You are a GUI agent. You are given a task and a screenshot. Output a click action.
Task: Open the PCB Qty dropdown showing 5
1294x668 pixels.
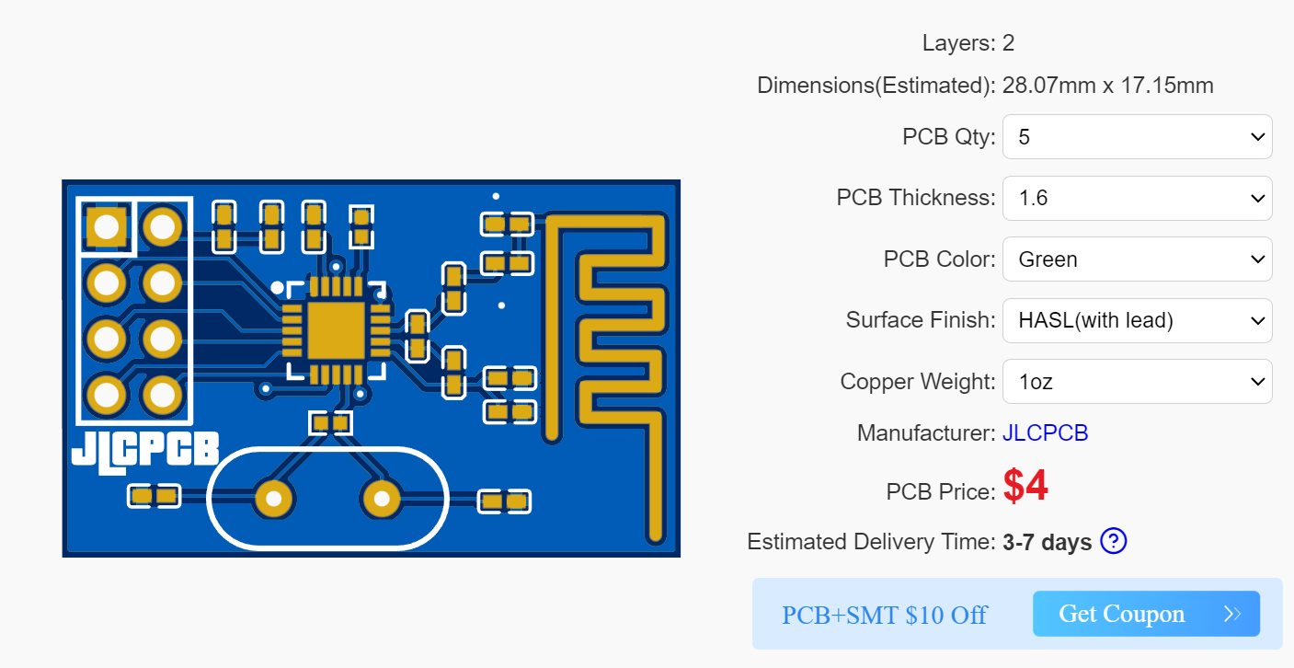click(x=1137, y=137)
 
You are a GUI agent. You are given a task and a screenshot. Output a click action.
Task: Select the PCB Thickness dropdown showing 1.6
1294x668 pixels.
click(x=1137, y=198)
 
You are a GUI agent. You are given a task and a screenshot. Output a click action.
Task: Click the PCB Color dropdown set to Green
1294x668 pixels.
click(x=1137, y=259)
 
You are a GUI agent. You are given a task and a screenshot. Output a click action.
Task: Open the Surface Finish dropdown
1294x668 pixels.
click(x=1137, y=320)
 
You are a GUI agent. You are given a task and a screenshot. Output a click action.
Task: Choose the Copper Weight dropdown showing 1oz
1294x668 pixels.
click(x=1137, y=382)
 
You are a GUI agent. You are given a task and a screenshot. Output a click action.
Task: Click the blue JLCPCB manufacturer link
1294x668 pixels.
click(x=1045, y=433)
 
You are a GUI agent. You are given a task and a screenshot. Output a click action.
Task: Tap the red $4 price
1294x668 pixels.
click(x=1025, y=487)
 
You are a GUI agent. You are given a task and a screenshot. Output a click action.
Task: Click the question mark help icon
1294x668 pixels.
click(x=1113, y=541)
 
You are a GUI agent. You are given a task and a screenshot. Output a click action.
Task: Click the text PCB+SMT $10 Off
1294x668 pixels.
click(x=884, y=615)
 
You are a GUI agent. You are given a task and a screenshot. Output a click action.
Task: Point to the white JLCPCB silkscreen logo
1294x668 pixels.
click(x=145, y=448)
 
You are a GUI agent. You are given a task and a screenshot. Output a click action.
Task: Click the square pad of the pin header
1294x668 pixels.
click(x=107, y=226)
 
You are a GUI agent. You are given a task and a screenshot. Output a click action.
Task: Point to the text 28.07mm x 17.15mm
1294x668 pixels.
click(x=1107, y=86)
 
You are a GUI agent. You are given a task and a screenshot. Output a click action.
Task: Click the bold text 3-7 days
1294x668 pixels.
click(x=1047, y=542)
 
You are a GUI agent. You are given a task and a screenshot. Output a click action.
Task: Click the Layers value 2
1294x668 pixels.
click(x=1008, y=43)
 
